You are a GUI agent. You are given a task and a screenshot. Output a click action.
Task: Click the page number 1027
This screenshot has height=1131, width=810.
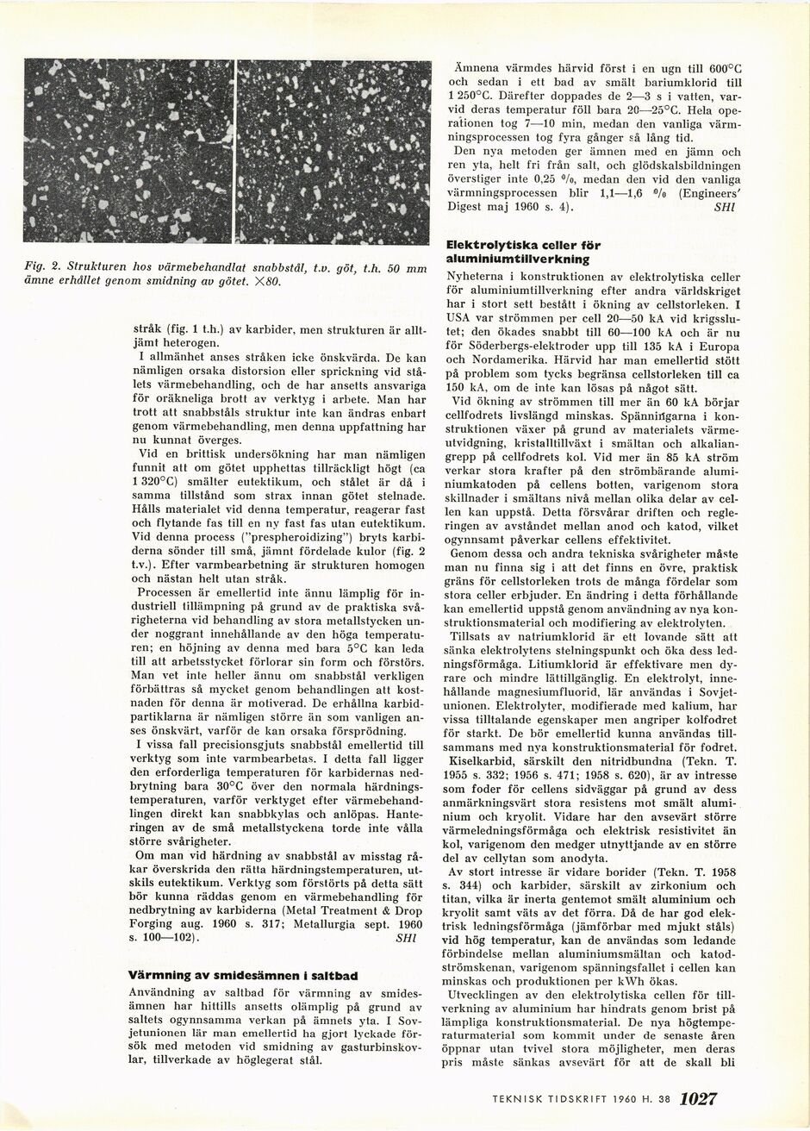coord(699,1100)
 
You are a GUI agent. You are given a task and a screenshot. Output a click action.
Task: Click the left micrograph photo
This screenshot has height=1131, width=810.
coord(128,152)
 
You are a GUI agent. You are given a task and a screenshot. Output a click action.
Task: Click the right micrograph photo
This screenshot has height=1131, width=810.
coord(333,152)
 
